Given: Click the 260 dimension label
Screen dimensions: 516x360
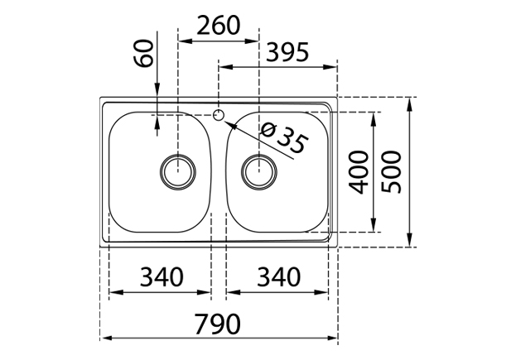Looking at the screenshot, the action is [219, 26].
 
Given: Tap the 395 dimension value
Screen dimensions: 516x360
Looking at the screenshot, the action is [287, 52].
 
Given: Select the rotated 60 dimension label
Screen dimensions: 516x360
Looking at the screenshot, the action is [144, 53].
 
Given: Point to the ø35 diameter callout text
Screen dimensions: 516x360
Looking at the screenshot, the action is [284, 138].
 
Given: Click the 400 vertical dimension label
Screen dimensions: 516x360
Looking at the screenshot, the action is [359, 171].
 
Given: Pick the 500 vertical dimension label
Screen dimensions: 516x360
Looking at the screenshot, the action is [392, 171].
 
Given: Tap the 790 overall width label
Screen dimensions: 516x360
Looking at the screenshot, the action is [218, 324].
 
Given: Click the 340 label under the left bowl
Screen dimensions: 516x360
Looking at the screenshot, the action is [162, 276].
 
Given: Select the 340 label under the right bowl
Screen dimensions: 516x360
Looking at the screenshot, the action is [279, 276].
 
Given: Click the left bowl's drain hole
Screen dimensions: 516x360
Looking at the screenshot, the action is [178, 172].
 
